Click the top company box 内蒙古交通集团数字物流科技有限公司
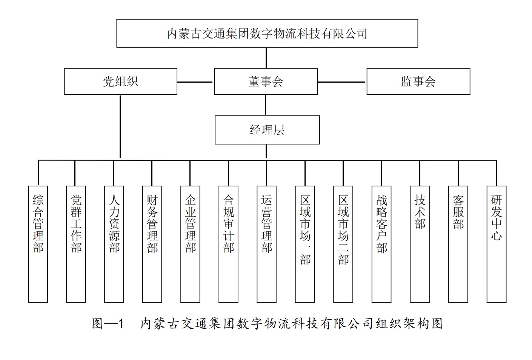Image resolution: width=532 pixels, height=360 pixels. tap(267, 33)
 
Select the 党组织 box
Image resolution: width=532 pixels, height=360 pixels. tap(120, 82)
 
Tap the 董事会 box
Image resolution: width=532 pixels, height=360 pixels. tap(266, 82)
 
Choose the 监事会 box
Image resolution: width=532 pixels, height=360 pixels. tap(418, 82)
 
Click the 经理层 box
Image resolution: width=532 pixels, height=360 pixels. tap(267, 130)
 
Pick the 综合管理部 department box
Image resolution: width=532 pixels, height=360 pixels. tap(38, 244)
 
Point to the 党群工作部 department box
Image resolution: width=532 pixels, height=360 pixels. tap(76, 244)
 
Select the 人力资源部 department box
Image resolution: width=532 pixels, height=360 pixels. tap(114, 244)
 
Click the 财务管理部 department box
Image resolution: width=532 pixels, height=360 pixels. tap(152, 244)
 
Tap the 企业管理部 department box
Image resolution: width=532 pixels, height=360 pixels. tap(190, 244)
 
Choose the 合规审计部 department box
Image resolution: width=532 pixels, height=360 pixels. tap(228, 244)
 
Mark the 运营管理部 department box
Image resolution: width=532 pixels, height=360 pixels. tap(266, 244)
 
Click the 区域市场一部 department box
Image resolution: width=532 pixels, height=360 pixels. tap(305, 244)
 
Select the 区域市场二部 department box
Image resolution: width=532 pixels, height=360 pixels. tap(343, 244)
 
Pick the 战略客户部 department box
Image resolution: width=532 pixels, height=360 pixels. tap(381, 244)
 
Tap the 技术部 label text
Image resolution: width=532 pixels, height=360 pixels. tap(420, 212)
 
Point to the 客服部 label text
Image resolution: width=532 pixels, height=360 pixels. tap(458, 212)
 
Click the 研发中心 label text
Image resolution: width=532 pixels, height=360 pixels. tap(496, 218)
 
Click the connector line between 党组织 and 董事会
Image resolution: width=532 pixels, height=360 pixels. tap(195, 82)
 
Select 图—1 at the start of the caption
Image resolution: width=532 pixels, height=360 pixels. tap(108, 323)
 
